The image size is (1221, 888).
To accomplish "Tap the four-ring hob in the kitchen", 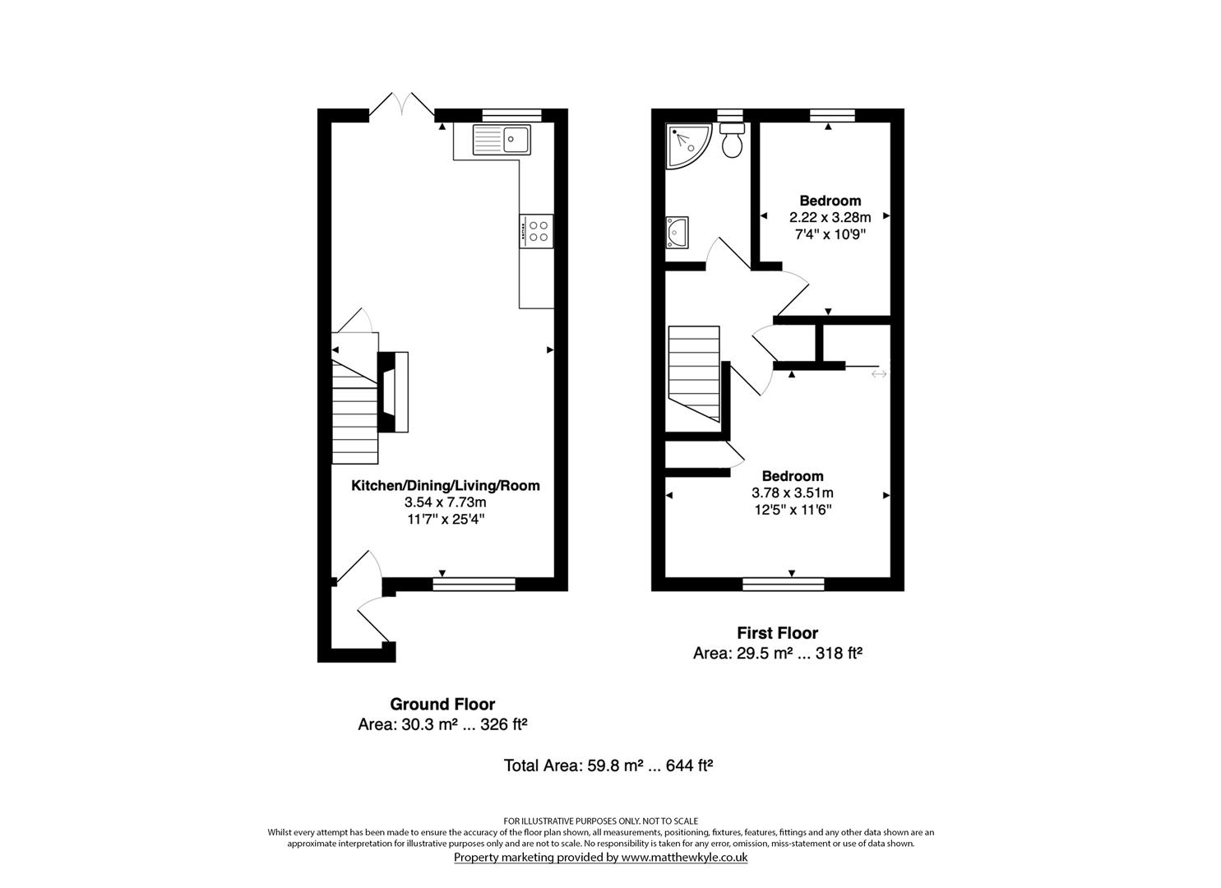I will [x=536, y=230].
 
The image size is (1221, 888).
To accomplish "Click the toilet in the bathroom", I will [x=731, y=141].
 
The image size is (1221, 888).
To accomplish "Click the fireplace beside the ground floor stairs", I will [x=393, y=391].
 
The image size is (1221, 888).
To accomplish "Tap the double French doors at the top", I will [x=401, y=105].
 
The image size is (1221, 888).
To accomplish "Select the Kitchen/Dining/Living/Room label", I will [x=446, y=485].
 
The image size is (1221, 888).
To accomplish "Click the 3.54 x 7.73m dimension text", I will [x=446, y=502].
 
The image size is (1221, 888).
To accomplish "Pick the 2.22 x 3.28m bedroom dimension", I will [x=830, y=218].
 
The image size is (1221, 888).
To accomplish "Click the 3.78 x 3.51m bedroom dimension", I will [x=793, y=493].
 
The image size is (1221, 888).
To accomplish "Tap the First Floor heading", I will [x=777, y=633].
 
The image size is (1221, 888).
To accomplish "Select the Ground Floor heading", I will [x=442, y=704].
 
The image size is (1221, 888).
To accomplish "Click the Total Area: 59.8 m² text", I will [x=608, y=765].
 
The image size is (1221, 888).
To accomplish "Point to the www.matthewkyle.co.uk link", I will [x=683, y=857].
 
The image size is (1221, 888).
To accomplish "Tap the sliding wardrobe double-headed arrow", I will [x=879, y=374].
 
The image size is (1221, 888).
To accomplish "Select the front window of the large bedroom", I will [x=783, y=584].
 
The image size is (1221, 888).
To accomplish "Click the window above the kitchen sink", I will [x=511, y=115].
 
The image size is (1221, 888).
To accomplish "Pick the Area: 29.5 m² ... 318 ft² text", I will [x=777, y=654].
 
